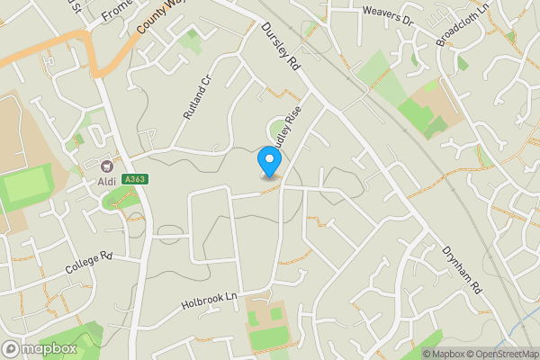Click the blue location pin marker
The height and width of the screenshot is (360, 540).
click(268, 161)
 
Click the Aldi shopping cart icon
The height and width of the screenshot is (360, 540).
click(108, 166)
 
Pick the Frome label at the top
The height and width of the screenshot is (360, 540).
click(117, 11)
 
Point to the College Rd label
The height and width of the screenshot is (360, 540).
click(88, 264)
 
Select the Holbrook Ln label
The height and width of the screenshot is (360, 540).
click(212, 295)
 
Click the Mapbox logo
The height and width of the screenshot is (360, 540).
click(39, 348)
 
